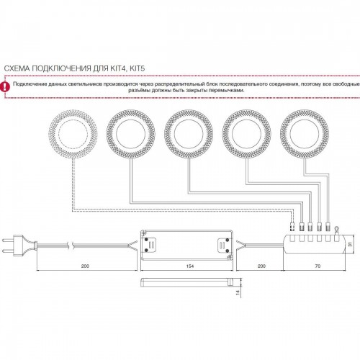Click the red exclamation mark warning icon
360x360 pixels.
(x=5, y=86)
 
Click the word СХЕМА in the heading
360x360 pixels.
(x=17, y=68)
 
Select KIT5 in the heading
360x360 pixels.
(x=138, y=68)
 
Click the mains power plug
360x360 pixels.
(x=19, y=246)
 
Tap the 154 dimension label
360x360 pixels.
(x=189, y=266)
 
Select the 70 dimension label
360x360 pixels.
(x=318, y=266)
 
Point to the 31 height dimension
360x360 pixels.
(x=350, y=244)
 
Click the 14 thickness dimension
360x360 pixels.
(x=238, y=292)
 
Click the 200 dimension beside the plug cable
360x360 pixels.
(x=85, y=266)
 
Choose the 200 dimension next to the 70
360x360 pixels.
(x=261, y=266)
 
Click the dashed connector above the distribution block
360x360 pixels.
(x=292, y=226)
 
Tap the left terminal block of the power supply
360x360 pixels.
(x=149, y=245)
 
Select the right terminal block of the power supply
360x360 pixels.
(x=224, y=245)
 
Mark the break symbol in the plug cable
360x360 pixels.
(x=71, y=246)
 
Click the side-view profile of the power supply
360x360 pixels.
(x=186, y=282)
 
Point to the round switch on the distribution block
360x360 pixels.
(x=337, y=228)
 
